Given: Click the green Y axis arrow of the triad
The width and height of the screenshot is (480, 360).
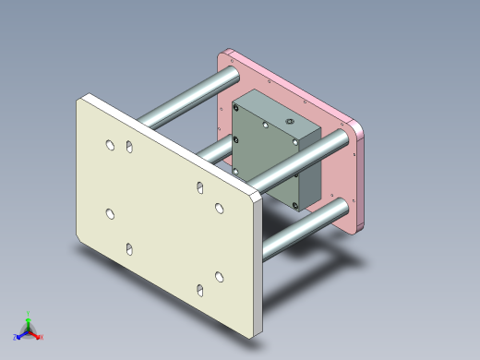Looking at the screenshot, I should (x=29, y=317).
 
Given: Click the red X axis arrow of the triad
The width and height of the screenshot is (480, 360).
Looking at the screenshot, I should (x=40, y=337).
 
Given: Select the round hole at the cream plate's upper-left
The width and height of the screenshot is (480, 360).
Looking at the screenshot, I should (x=110, y=145).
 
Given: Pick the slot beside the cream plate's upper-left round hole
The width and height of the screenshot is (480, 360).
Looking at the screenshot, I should (x=129, y=148).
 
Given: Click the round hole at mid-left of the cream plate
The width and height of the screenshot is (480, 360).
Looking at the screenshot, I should (x=110, y=213).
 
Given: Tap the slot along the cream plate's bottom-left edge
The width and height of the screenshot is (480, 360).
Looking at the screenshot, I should (x=129, y=248).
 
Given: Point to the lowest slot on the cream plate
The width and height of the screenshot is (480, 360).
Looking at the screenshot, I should (x=199, y=291).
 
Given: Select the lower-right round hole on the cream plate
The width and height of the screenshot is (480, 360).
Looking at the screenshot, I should (x=220, y=276).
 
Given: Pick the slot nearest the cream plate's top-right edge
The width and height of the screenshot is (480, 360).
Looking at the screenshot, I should (x=199, y=187).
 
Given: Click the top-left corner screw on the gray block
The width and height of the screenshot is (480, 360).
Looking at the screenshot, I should (x=238, y=109).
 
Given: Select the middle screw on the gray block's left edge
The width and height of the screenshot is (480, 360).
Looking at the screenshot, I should (x=236, y=139).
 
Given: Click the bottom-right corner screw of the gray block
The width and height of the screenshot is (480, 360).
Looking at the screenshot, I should (x=296, y=205).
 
